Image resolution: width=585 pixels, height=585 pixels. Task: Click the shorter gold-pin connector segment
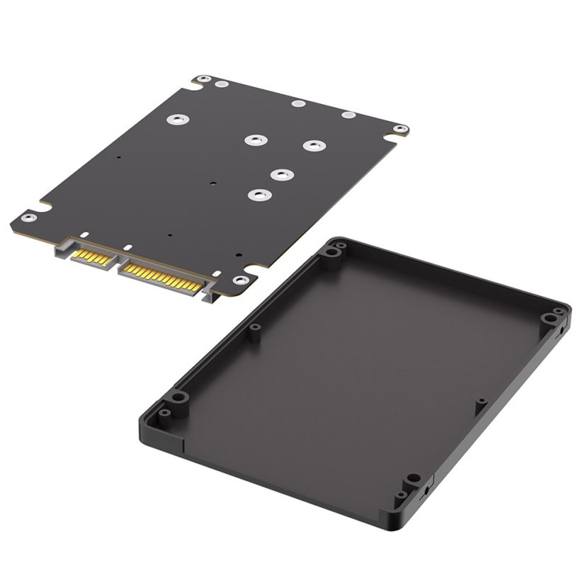click(x=95, y=258)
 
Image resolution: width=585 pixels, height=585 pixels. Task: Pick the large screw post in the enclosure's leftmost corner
click(x=178, y=398)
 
